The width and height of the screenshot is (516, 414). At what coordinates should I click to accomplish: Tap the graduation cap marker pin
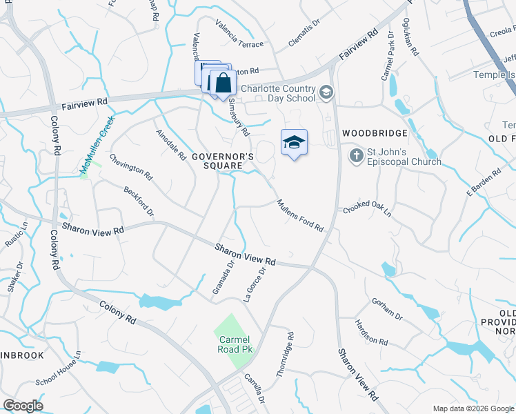(294, 143)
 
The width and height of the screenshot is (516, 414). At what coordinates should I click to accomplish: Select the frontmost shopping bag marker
(224, 83)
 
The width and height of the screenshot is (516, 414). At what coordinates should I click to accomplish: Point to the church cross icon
(356, 155)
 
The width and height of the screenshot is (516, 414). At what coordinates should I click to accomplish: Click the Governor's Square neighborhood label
(223, 161)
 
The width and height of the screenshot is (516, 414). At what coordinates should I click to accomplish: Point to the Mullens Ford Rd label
(300, 215)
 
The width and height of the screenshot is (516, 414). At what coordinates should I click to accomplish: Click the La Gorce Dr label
(255, 285)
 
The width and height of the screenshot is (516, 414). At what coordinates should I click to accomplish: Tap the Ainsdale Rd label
(171, 144)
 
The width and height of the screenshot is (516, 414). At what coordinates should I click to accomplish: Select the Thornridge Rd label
(285, 354)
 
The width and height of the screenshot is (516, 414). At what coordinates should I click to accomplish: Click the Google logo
(23, 406)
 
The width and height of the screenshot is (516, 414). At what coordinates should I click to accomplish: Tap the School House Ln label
(59, 371)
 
